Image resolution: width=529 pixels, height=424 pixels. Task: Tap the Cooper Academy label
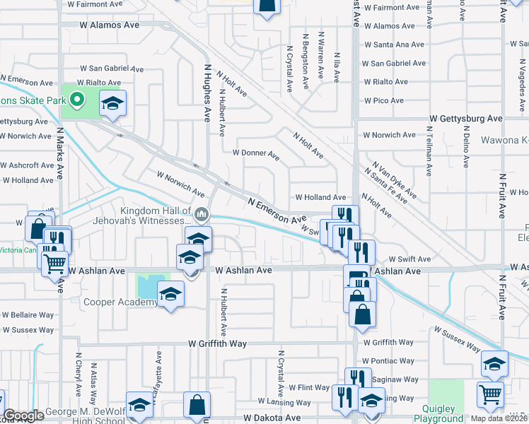point(121,302)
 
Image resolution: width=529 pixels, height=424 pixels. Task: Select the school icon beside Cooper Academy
point(170,293)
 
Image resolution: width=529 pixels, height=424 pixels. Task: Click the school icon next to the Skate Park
point(112,102)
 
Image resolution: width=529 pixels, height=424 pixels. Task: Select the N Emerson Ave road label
point(277,211)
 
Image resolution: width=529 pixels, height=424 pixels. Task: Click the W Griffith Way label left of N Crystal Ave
point(217,343)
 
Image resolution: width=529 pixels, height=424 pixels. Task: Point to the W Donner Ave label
point(256,153)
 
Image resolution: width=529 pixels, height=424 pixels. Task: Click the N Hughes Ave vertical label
point(208,92)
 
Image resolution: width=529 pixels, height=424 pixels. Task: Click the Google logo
point(24,416)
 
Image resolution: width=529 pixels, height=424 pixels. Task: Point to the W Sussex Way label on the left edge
point(27,330)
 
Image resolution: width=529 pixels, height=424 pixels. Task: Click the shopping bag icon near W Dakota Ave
point(197,405)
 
